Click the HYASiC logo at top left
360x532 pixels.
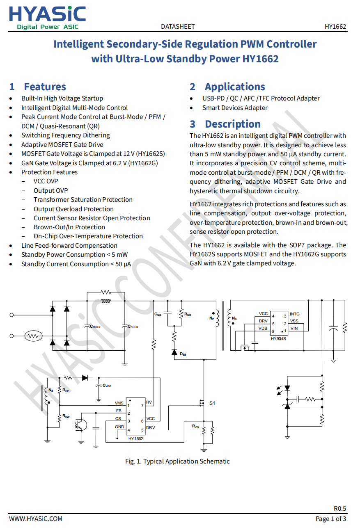(x=47, y=18)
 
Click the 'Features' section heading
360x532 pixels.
(x=45, y=87)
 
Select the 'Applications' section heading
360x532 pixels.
(x=235, y=87)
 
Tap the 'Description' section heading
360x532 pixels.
(x=233, y=124)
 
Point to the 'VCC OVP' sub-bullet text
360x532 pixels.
(x=46, y=181)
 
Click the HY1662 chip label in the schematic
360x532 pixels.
(x=135, y=438)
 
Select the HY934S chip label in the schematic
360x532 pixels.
(x=278, y=338)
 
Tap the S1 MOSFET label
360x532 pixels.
(x=212, y=403)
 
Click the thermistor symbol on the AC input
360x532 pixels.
(x=33, y=336)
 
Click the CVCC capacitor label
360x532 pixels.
(x=107, y=386)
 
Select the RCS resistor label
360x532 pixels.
(x=195, y=427)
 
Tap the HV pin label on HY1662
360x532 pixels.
(x=149, y=402)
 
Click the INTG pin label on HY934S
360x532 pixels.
(x=294, y=314)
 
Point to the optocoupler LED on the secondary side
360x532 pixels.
(x=287, y=388)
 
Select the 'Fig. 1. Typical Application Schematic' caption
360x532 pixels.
(x=177, y=461)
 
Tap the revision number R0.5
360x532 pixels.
(x=340, y=509)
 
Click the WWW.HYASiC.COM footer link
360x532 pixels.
(x=36, y=519)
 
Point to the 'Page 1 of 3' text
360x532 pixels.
(x=331, y=519)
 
